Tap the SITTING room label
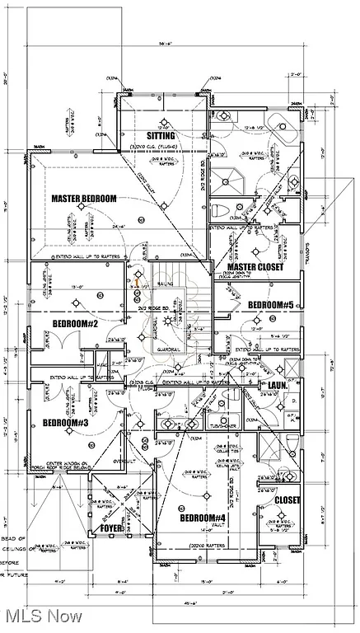tap(161, 135)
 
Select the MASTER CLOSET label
tap(255, 267)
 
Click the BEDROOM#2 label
tap(76, 324)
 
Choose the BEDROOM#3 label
tap(66, 423)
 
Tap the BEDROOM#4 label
tap(203, 518)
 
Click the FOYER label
tap(111, 527)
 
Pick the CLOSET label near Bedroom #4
tap(287, 500)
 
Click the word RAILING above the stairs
tap(165, 282)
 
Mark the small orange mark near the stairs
tap(136, 281)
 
